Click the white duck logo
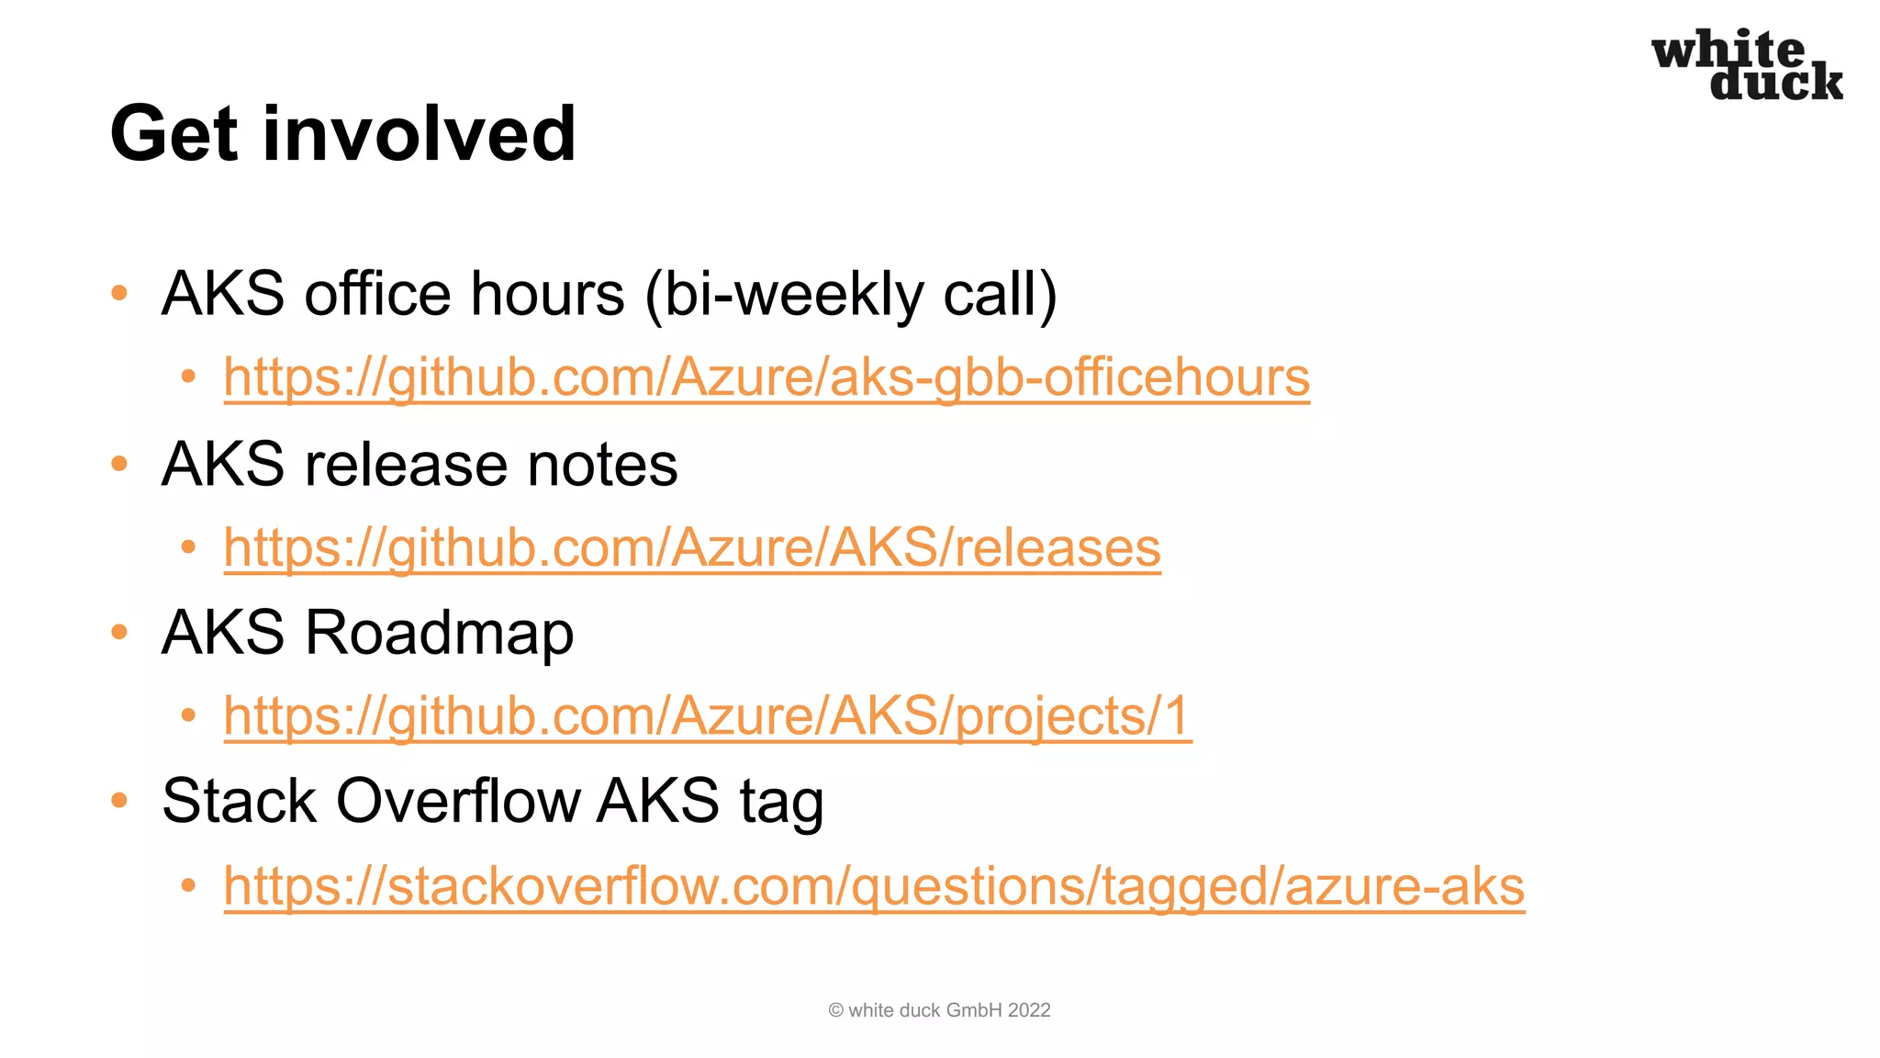point(1746,64)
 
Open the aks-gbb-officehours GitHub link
point(767,377)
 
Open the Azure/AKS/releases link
point(692,547)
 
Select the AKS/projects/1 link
point(707,715)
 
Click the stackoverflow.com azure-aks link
point(874,886)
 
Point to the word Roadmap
point(439,633)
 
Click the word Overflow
point(458,801)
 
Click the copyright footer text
point(939,1010)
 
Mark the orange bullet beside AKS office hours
point(119,294)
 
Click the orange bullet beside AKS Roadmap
point(119,632)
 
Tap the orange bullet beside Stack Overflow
point(119,801)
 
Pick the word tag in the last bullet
point(781,803)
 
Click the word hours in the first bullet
point(547,294)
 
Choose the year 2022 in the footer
point(1028,1010)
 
